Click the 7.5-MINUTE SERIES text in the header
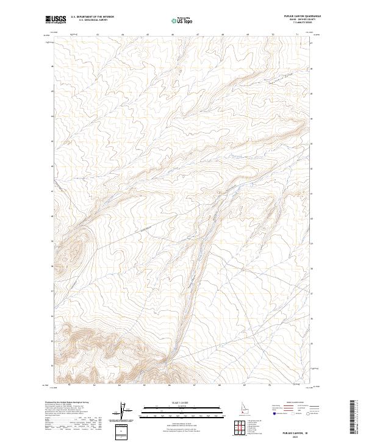tap(309, 24)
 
